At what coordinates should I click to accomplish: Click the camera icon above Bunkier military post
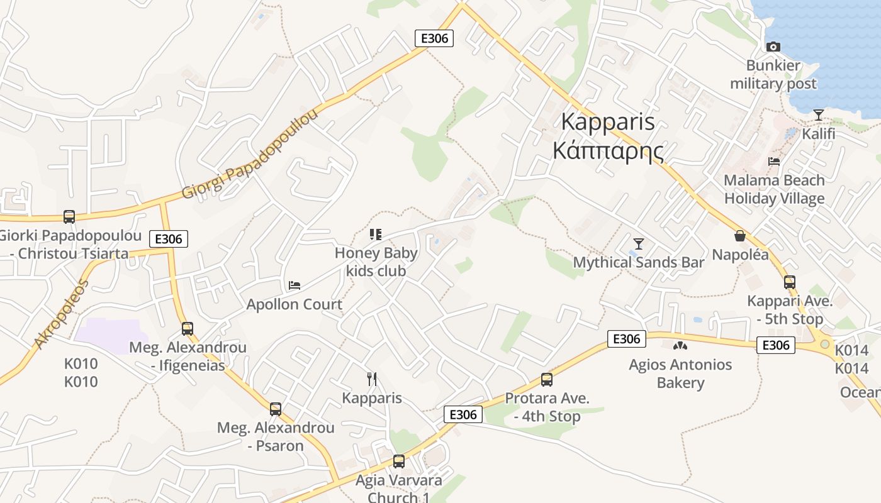point(773,47)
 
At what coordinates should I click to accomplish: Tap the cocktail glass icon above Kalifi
point(818,114)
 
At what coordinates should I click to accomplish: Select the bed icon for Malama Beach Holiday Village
point(774,162)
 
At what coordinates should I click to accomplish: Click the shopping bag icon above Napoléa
point(740,236)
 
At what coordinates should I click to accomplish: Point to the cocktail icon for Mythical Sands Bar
point(639,243)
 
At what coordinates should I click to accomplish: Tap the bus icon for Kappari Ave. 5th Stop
point(790,282)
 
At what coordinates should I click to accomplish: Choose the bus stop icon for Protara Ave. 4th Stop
point(547,380)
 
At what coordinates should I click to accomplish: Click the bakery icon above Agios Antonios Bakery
point(680,345)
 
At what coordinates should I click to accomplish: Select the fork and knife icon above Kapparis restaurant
point(372,379)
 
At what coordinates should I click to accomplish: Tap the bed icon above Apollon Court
point(295,285)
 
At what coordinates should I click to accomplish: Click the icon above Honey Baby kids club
point(376,235)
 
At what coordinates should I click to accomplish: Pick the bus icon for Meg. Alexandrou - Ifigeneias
point(188,328)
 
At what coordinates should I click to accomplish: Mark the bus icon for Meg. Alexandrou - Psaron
point(276,409)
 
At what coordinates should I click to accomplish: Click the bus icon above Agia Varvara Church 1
point(398,461)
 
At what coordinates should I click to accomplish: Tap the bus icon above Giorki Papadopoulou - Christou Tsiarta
point(69,216)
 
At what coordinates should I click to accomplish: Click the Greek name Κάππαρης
point(608,151)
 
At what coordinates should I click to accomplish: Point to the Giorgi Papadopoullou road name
point(250,154)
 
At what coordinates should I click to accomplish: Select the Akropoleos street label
point(62,314)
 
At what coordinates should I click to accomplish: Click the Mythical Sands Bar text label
point(638,262)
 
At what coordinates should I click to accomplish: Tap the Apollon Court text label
point(295,304)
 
